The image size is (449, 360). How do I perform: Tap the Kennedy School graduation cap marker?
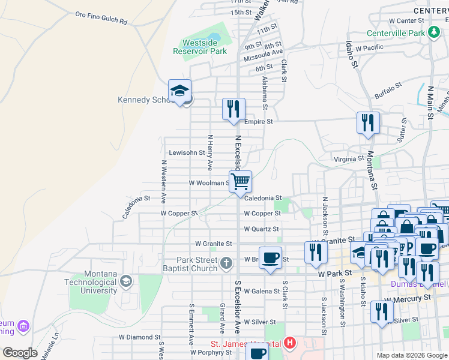179,91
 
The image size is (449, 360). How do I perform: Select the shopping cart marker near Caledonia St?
240,182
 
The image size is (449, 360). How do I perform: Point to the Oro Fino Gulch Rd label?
101,17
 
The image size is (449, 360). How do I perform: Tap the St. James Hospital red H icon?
291,344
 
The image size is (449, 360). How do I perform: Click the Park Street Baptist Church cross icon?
226,263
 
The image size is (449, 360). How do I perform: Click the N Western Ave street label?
163,182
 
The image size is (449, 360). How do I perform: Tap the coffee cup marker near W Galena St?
270,258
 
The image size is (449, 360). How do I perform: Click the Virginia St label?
349,159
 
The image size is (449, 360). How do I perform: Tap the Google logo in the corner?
20,353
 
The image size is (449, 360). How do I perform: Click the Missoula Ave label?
263,58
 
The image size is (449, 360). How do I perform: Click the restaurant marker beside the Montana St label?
368,124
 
